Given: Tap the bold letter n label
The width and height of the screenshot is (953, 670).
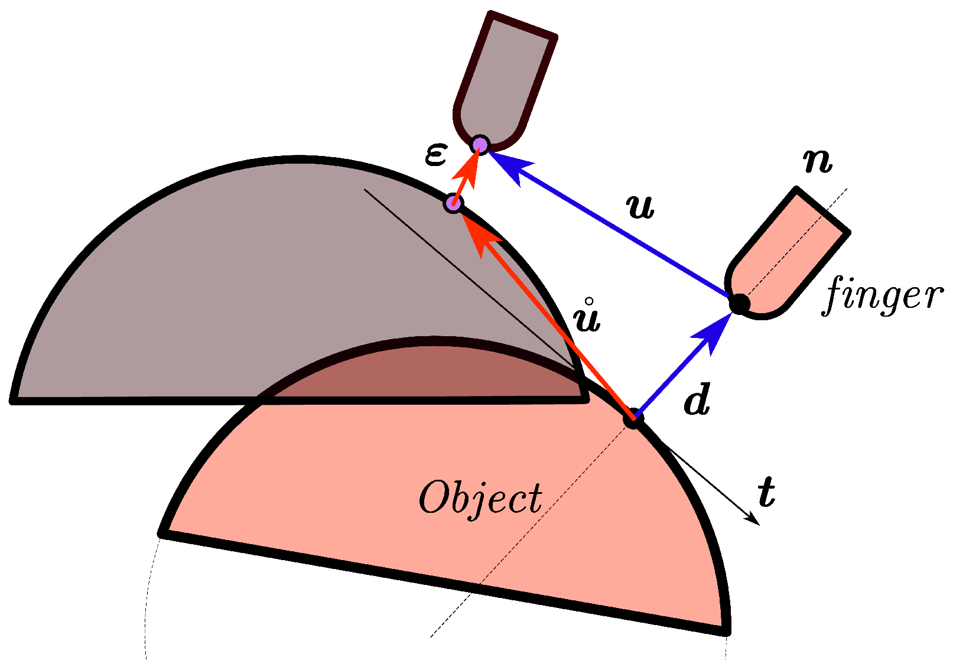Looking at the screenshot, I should (x=818, y=161).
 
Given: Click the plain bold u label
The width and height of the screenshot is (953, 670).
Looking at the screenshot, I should (x=640, y=207).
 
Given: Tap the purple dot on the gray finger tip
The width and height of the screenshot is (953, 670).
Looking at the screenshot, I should (x=480, y=144).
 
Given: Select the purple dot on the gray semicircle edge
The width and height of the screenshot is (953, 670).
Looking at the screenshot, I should (x=453, y=204).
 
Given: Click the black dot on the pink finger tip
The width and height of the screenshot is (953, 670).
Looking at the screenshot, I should (x=739, y=304).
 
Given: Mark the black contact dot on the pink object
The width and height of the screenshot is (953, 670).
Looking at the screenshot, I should (x=633, y=418).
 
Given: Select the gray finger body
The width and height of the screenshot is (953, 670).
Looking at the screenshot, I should (x=502, y=77).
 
